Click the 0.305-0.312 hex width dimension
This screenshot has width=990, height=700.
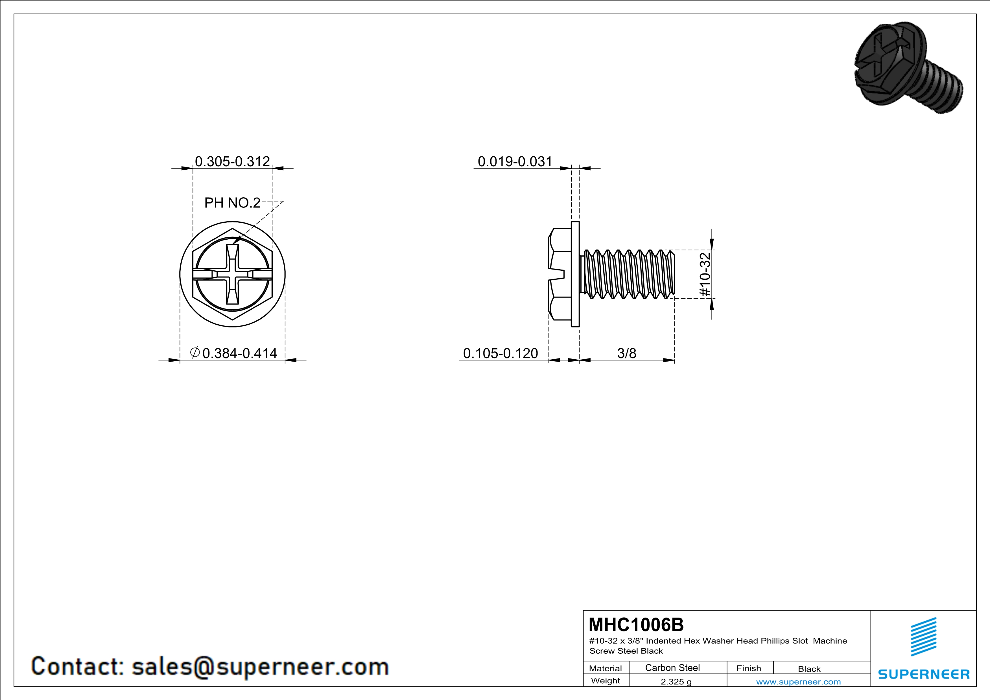[232, 162]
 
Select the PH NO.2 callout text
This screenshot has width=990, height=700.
[232, 203]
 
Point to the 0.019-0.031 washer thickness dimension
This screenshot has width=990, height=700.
[515, 162]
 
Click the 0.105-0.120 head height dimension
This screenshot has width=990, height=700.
[500, 353]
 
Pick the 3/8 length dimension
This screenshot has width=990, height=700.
[626, 353]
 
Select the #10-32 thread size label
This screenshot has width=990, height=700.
[705, 274]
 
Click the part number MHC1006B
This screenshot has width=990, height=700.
[636, 625]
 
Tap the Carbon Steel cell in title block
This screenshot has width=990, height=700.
[672, 668]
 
